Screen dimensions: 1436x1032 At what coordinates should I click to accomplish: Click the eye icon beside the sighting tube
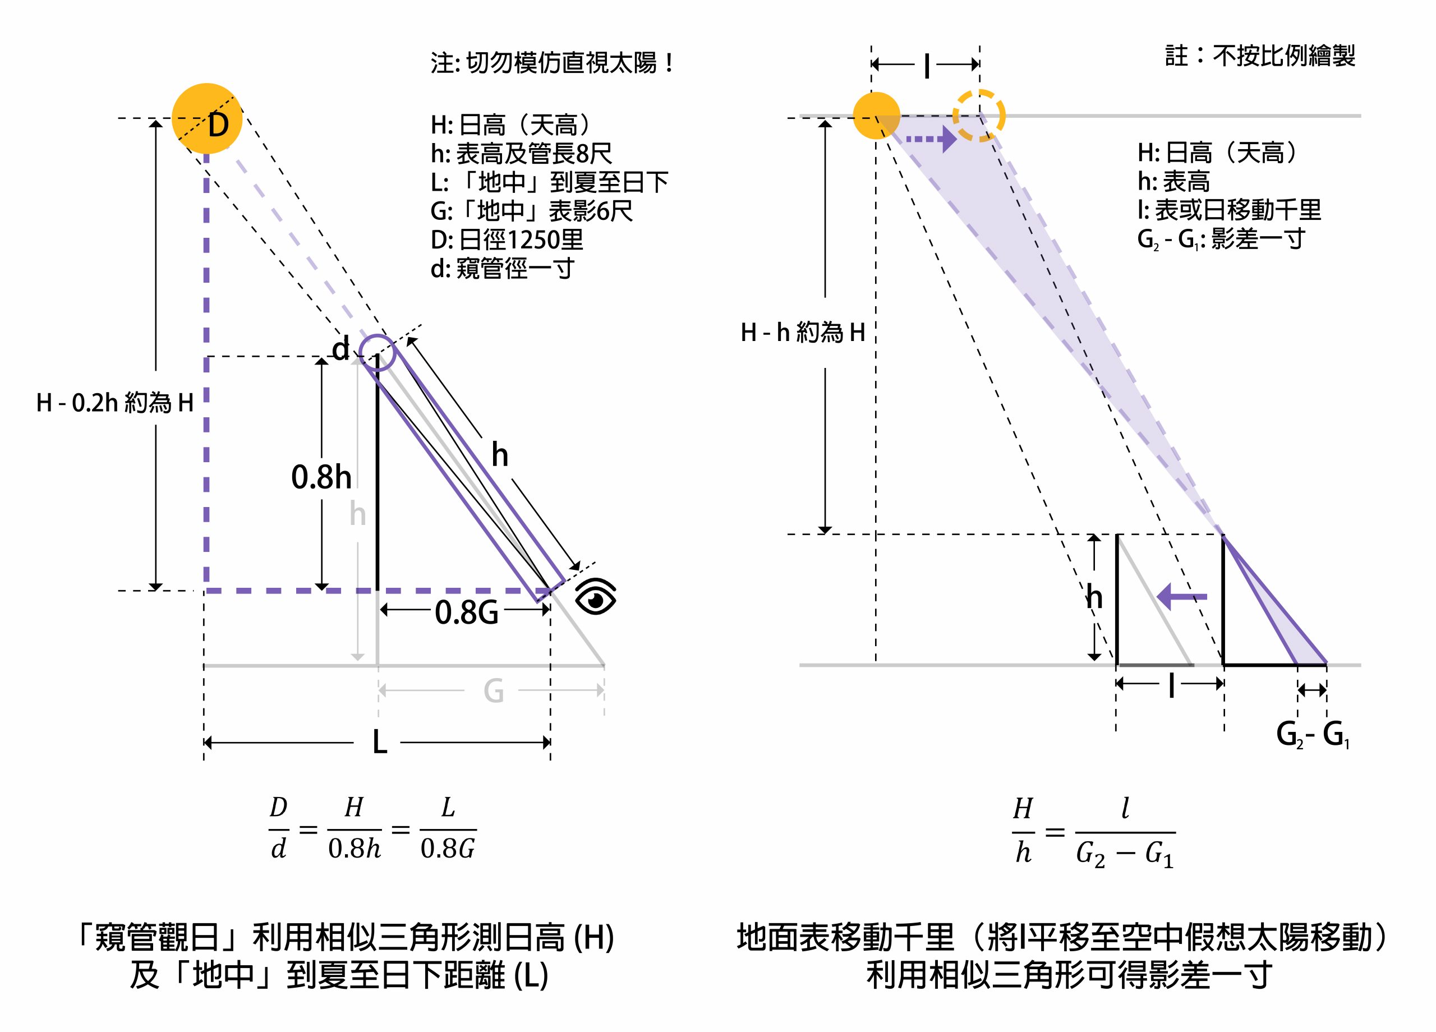pyautogui.click(x=595, y=596)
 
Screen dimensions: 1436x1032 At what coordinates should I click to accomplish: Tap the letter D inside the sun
pyautogui.click(x=218, y=124)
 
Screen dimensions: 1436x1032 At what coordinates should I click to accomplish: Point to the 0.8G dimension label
pyautogui.click(x=467, y=612)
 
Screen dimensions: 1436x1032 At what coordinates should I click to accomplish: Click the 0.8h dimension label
pyautogui.click(x=321, y=477)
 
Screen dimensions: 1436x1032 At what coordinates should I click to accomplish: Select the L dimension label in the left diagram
pyautogui.click(x=379, y=742)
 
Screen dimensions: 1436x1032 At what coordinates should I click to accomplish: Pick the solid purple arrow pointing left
pyautogui.click(x=1181, y=596)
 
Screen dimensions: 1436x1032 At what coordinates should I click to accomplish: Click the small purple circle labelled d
pyautogui.click(x=378, y=353)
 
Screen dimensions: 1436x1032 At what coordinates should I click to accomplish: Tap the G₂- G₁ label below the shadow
pyautogui.click(x=1312, y=734)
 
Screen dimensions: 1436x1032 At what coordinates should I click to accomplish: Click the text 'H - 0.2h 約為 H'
pyautogui.click(x=114, y=403)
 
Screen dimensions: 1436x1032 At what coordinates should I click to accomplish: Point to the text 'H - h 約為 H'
pyautogui.click(x=803, y=333)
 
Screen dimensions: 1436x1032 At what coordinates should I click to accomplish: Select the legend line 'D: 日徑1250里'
pyautogui.click(x=507, y=240)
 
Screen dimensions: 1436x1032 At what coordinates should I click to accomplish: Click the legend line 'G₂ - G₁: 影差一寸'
pyautogui.click(x=1221, y=239)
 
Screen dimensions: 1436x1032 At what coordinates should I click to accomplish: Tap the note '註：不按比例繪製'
pyautogui.click(x=1260, y=56)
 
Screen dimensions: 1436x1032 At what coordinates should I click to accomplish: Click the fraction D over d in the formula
pyautogui.click(x=279, y=829)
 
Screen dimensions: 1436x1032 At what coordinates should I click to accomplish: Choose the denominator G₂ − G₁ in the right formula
pyautogui.click(x=1125, y=855)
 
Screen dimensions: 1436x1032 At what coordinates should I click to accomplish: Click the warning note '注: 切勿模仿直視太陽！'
pyautogui.click(x=552, y=63)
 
